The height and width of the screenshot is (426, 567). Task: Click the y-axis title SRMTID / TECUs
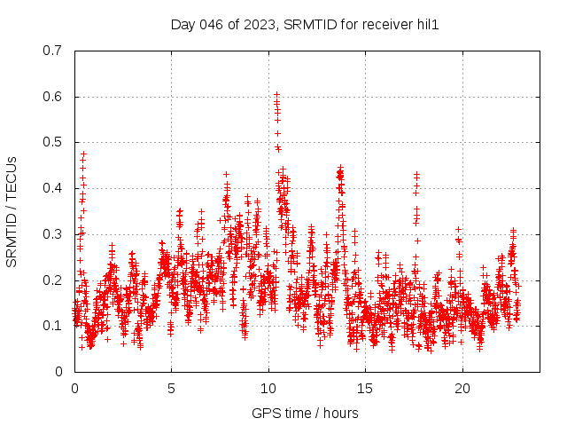pos(12,211)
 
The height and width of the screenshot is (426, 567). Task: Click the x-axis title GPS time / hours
pos(305,413)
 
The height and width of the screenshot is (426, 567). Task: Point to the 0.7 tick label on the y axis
pos(52,51)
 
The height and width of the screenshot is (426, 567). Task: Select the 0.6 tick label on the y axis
pos(52,97)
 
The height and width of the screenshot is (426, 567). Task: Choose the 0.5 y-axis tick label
pos(52,142)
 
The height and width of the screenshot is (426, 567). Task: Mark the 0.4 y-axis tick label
pos(52,188)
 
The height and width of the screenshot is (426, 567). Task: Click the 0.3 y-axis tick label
pos(52,234)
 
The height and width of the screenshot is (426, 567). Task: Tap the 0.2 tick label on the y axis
pos(52,280)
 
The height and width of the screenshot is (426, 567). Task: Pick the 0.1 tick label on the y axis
pos(52,326)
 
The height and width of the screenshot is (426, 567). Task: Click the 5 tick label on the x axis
pos(172,389)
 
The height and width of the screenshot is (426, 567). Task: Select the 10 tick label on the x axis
pos(268,389)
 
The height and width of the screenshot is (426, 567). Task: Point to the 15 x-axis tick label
pos(366,389)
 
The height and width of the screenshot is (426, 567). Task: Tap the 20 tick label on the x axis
pos(462,389)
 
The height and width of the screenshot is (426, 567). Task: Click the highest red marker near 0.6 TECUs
pos(276,94)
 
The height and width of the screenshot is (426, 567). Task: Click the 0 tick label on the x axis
pos(74,389)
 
